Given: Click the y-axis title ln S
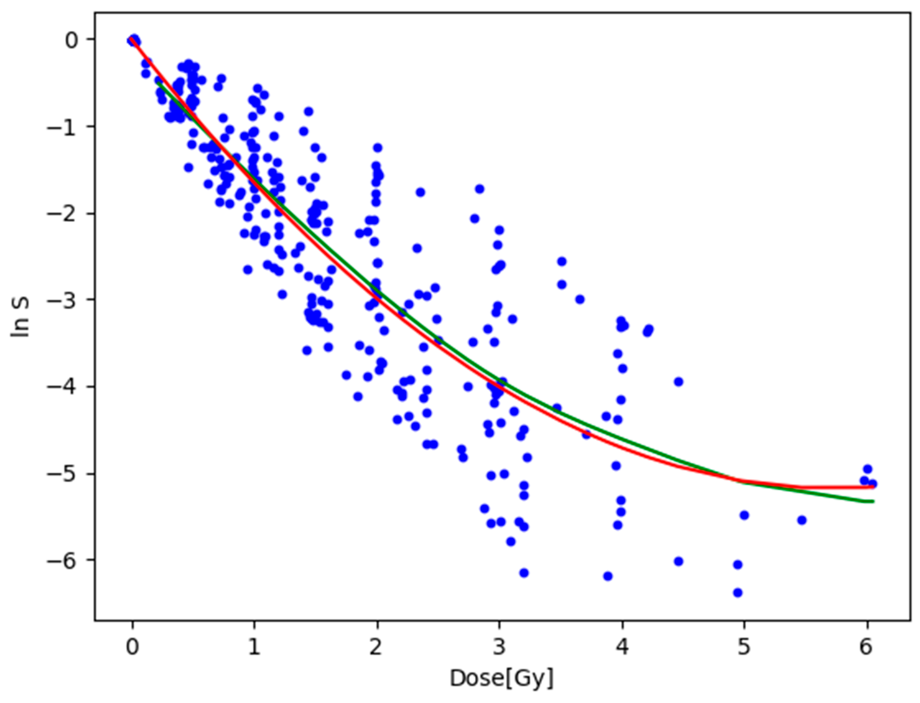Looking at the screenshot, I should coord(20,317).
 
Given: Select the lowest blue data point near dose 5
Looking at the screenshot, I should coord(738,592).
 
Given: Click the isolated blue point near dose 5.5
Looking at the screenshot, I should coord(802,520).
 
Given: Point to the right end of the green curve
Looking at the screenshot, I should coord(873,501).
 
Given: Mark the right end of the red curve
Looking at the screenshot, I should coord(873,487).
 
